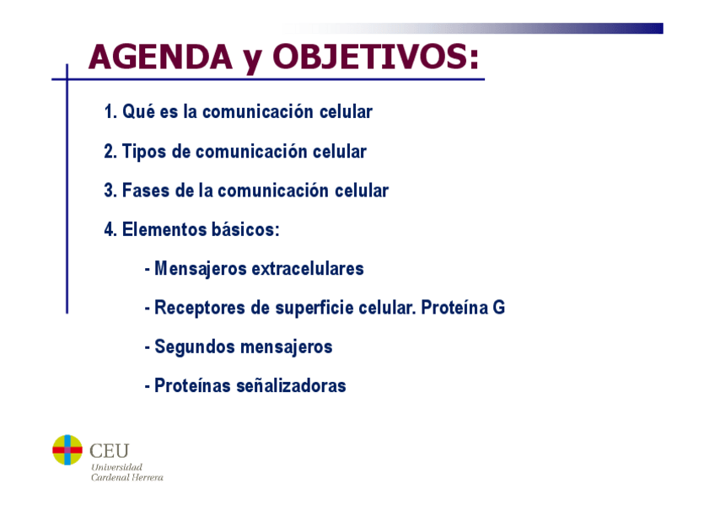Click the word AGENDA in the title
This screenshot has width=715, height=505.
(x=160, y=57)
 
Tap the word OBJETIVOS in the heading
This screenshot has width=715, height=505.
(x=375, y=57)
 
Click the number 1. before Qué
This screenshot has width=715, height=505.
(x=110, y=111)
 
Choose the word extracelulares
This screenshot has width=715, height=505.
(x=308, y=268)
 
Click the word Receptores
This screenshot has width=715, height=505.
(x=200, y=308)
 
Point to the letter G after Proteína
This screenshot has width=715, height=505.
(x=499, y=308)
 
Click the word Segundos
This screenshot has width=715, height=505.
(x=195, y=347)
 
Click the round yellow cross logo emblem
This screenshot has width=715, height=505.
(x=67, y=450)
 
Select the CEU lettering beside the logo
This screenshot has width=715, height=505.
(x=110, y=451)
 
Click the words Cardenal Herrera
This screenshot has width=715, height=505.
(x=127, y=477)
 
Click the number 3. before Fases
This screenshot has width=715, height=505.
(x=110, y=191)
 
